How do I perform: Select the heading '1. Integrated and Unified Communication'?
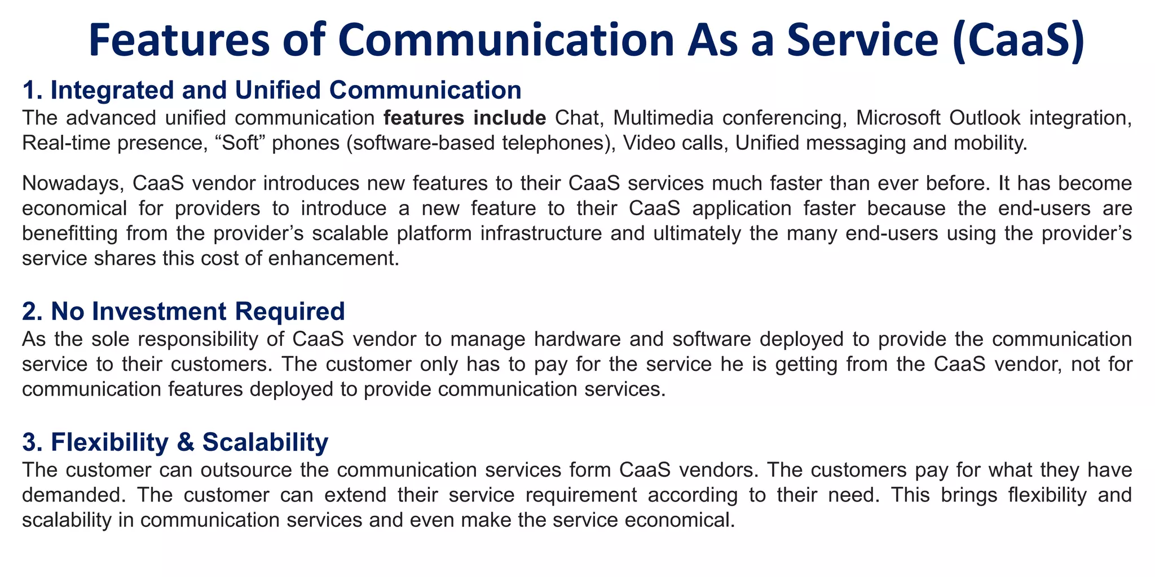coord(271,90)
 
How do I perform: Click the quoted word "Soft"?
coord(257,143)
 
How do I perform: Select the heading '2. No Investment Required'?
coord(183,311)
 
